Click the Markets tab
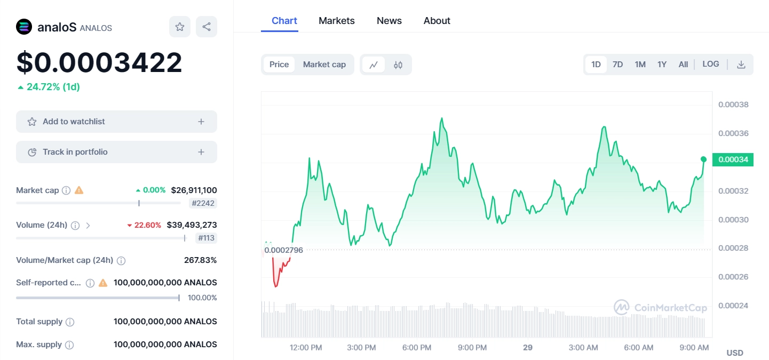[x=336, y=21]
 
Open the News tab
[x=389, y=21]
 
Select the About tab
[x=437, y=21]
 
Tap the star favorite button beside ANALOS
[x=180, y=27]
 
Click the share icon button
[x=207, y=27]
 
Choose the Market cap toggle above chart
[x=324, y=65]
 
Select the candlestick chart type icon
[x=398, y=65]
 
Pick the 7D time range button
[x=617, y=65]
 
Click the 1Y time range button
[x=662, y=65]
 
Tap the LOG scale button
[x=710, y=64]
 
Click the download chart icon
[x=741, y=65]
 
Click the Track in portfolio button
[x=116, y=152]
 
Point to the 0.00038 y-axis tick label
[x=733, y=105]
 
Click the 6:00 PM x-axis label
[x=417, y=348]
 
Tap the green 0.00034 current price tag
[x=733, y=159]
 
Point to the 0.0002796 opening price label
[x=283, y=250]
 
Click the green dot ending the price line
[x=703, y=159]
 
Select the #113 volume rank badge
[x=206, y=238]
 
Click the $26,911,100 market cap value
[x=194, y=190]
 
